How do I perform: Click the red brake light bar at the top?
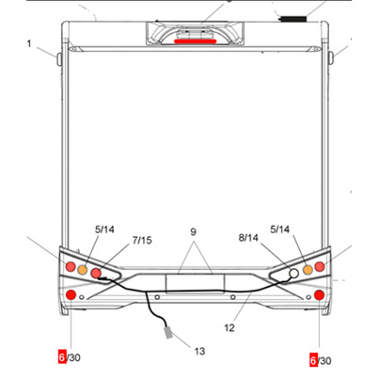tap(195, 41)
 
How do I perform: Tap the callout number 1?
tap(29, 43)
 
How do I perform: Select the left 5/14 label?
tap(104, 229)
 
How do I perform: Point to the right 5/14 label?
tap(280, 229)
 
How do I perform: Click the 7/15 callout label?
tap(142, 240)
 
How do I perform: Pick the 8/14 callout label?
tap(248, 238)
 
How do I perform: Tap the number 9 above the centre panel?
tap(193, 232)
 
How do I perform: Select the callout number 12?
tap(229, 328)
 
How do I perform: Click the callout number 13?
tap(199, 351)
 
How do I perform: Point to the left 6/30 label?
tap(70, 357)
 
